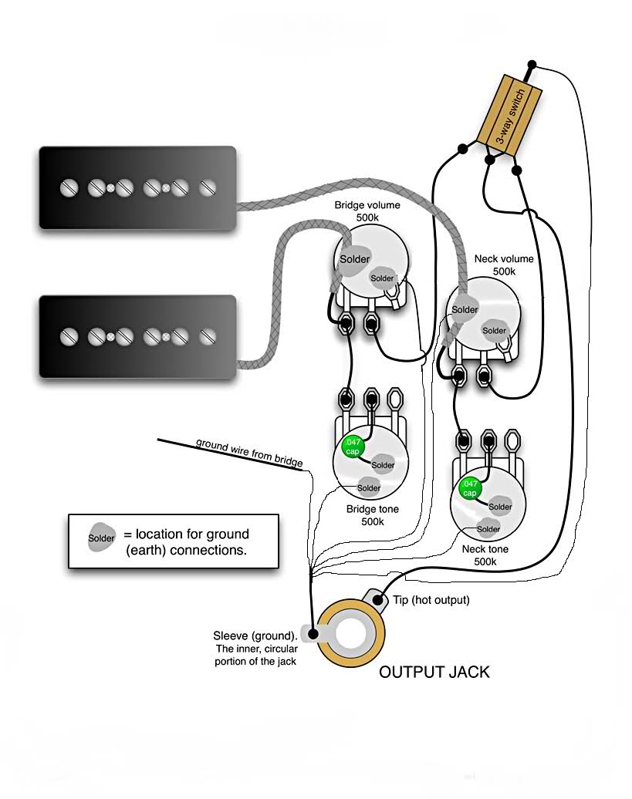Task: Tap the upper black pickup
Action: pyautogui.click(x=137, y=187)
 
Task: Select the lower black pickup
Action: pyautogui.click(x=137, y=336)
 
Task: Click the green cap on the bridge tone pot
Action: pyautogui.click(x=352, y=447)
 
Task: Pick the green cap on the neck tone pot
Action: pyautogui.click(x=469, y=488)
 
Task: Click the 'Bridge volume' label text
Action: pyautogui.click(x=367, y=206)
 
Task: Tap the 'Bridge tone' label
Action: pyautogui.click(x=372, y=509)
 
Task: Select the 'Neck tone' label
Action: pyautogui.click(x=485, y=549)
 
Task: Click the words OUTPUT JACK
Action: pyautogui.click(x=434, y=672)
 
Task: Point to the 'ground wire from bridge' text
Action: pyautogui.click(x=248, y=453)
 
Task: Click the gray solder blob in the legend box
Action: pyautogui.click(x=101, y=538)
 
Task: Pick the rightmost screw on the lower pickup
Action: pyautogui.click(x=206, y=336)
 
